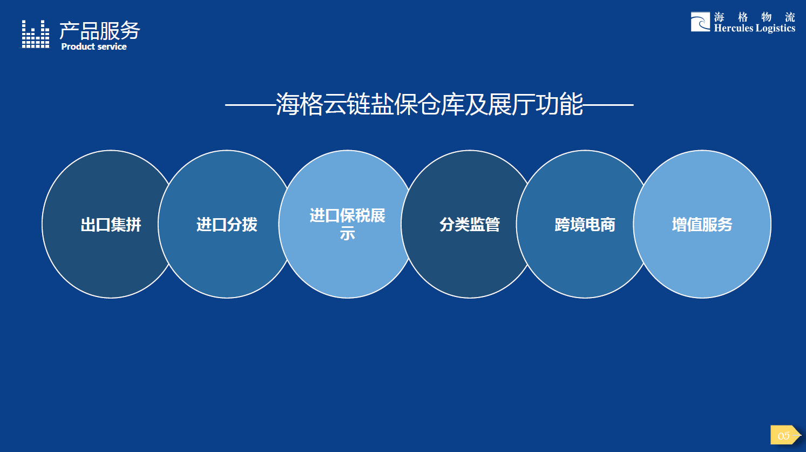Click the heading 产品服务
point(99,31)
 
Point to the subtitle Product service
point(94,47)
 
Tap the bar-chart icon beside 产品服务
point(36,35)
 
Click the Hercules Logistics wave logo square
point(700,22)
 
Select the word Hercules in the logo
point(733,29)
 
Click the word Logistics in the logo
point(775,29)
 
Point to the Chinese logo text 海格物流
point(754,17)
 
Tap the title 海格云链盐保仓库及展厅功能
point(429,104)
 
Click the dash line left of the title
point(250,105)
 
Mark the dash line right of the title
point(608,105)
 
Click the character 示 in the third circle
point(347,234)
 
